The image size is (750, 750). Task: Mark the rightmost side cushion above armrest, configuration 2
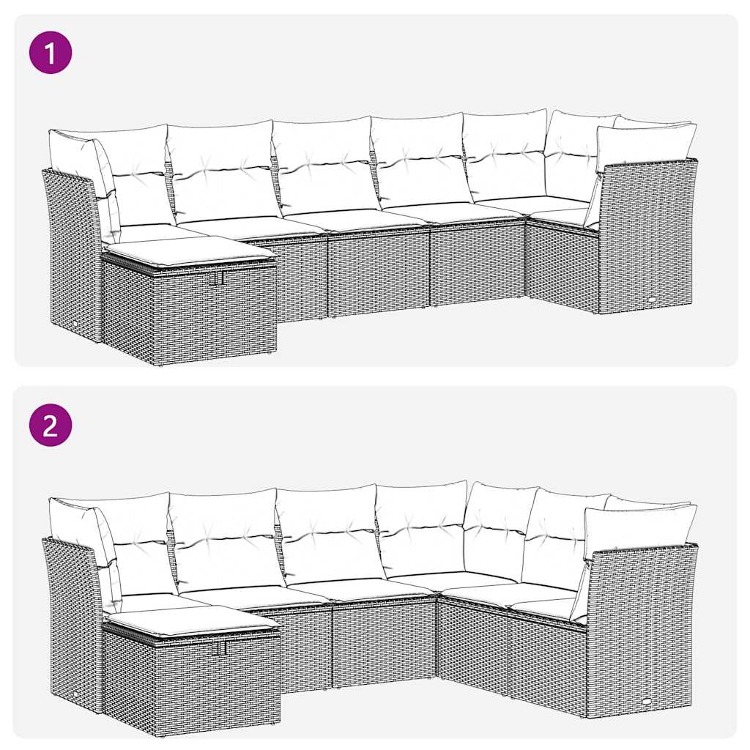point(639,529)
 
